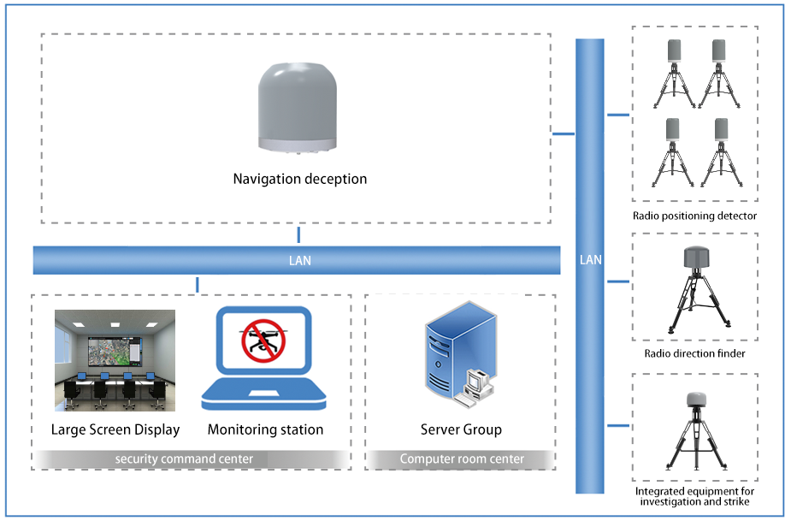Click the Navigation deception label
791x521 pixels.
(x=299, y=179)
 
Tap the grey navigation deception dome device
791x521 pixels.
(x=297, y=108)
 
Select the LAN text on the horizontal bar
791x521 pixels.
(x=299, y=260)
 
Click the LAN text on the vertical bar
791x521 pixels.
(x=590, y=260)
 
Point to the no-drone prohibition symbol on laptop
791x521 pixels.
(x=263, y=340)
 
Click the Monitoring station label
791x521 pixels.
(x=265, y=429)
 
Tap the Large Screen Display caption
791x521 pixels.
(x=115, y=429)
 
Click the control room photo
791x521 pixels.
(x=115, y=360)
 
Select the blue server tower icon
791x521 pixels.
(x=460, y=352)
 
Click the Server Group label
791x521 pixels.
(x=461, y=429)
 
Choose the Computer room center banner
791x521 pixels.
(x=462, y=459)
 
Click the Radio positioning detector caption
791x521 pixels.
(x=694, y=216)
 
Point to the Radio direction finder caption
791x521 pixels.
(x=694, y=353)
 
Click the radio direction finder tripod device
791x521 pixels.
(x=697, y=290)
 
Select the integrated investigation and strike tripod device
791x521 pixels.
(x=697, y=430)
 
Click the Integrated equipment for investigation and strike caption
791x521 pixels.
(x=694, y=496)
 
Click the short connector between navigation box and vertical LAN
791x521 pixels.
(x=564, y=133)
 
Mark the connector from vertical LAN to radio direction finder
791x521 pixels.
(x=618, y=281)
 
